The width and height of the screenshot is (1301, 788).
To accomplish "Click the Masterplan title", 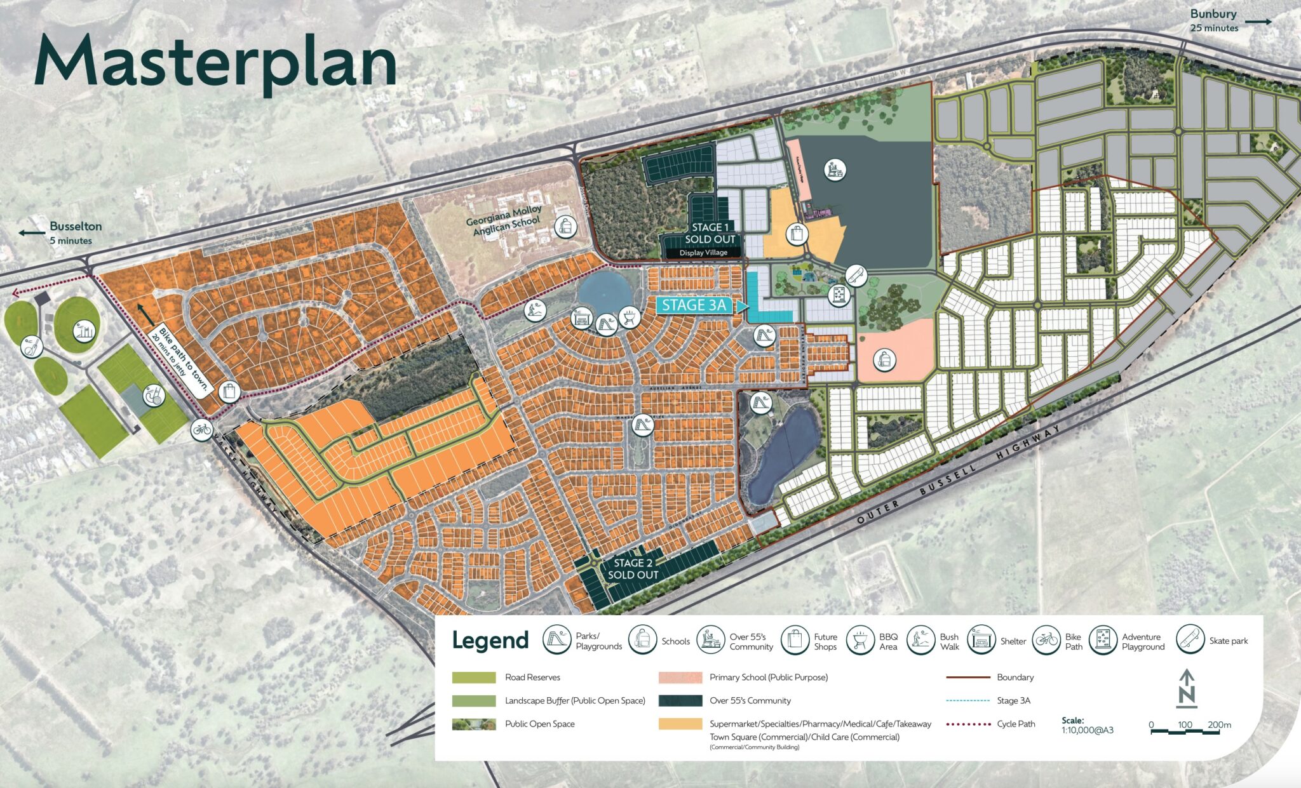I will (x=216, y=62).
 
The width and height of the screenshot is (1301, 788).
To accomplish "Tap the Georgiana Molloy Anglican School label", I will (x=504, y=220).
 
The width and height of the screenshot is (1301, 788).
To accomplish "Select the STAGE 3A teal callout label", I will (x=694, y=305).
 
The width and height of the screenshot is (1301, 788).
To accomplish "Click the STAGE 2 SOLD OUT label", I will (x=633, y=569).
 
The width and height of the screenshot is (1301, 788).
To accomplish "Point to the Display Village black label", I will (x=703, y=253).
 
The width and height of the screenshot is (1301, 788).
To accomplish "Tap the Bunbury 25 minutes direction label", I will (x=1214, y=20).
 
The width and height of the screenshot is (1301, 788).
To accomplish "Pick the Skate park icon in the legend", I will (x=1190, y=639).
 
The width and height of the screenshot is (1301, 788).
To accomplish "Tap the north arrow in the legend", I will (x=1186, y=688).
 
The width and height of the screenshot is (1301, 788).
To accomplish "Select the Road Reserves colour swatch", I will (x=474, y=678).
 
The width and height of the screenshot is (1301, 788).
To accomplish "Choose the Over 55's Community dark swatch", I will (x=680, y=701).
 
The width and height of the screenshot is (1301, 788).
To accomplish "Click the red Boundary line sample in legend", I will (x=968, y=678).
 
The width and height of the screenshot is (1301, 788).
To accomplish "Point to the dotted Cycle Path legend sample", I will (x=968, y=724).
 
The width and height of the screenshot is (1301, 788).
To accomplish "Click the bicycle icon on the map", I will (x=201, y=430).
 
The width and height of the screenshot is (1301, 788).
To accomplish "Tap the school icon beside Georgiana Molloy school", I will (x=565, y=226).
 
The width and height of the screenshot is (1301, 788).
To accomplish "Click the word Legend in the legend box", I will (x=490, y=641).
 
